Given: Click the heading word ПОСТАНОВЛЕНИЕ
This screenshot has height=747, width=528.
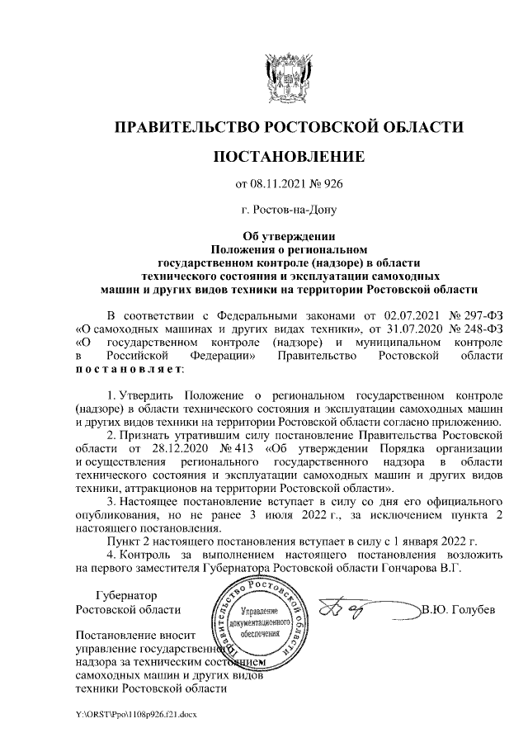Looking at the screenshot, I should pos(289,156).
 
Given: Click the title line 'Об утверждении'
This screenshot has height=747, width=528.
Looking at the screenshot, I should pos(289,236).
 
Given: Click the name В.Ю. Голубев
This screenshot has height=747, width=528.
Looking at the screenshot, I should pos(459,610).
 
